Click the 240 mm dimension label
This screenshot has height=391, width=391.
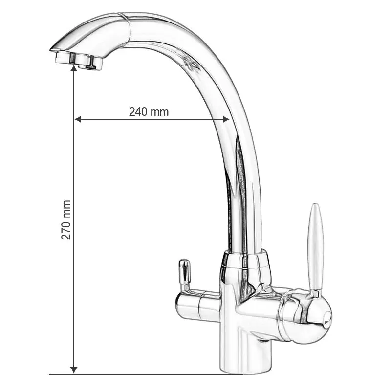point(149,111)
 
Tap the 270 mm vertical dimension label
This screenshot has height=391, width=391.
point(66,219)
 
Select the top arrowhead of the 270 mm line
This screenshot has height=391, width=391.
point(74,69)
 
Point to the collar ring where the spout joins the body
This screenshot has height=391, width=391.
point(245,261)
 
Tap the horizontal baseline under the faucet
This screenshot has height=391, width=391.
point(147,375)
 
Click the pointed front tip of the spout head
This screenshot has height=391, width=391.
point(53,48)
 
